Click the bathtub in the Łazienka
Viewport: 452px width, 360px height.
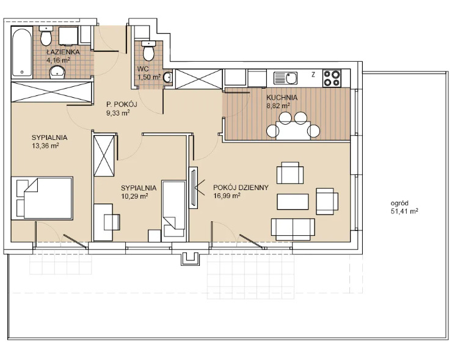tap(22, 52)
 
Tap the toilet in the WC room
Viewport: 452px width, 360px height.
tap(149, 51)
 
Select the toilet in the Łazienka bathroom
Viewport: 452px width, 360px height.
tap(46, 36)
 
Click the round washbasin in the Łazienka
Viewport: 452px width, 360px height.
tap(57, 72)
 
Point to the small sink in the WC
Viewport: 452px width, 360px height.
tap(168, 77)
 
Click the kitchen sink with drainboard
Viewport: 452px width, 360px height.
tap(285, 78)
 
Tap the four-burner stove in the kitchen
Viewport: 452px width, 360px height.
tap(332, 78)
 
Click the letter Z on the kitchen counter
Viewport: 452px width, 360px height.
tap(313, 75)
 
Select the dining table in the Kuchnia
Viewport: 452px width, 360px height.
tap(293, 130)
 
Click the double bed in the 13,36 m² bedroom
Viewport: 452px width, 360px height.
tap(42, 199)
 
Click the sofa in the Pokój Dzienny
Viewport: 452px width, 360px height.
tap(293, 229)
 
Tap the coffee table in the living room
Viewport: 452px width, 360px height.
tap(293, 202)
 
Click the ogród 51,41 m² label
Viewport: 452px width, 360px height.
tap(404, 207)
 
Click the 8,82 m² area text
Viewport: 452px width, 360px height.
tap(278, 106)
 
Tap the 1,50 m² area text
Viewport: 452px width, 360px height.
tap(149, 77)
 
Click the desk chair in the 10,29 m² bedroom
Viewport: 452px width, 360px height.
tap(112, 222)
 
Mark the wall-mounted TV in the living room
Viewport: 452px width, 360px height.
tap(193, 188)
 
